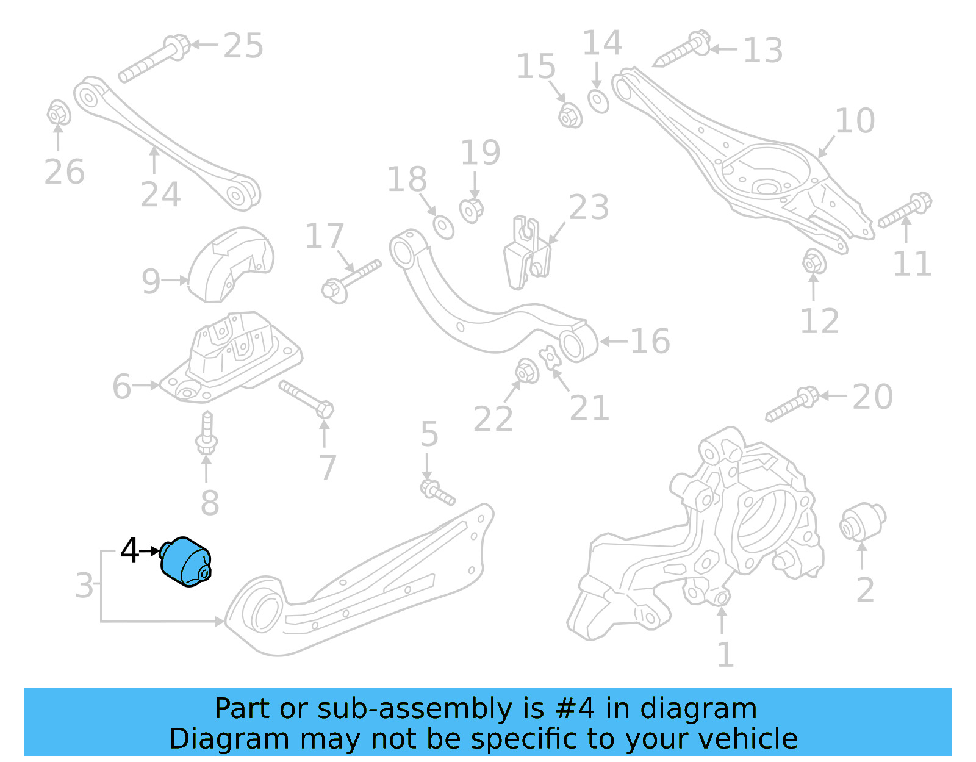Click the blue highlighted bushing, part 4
[x=185, y=562]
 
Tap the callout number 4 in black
[x=129, y=550]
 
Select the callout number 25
[x=243, y=46]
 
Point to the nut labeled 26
[x=58, y=113]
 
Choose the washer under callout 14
[x=598, y=101]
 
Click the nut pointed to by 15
[x=570, y=115]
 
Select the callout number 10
[x=855, y=121]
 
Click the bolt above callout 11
[x=905, y=210]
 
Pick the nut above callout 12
[x=813, y=262]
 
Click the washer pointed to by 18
[x=443, y=227]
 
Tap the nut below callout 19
[x=472, y=210]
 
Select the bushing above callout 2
[x=863, y=522]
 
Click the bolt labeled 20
[x=791, y=403]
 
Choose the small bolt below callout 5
[x=437, y=492]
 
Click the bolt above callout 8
[x=207, y=433]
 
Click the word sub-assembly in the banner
[x=380, y=709]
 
